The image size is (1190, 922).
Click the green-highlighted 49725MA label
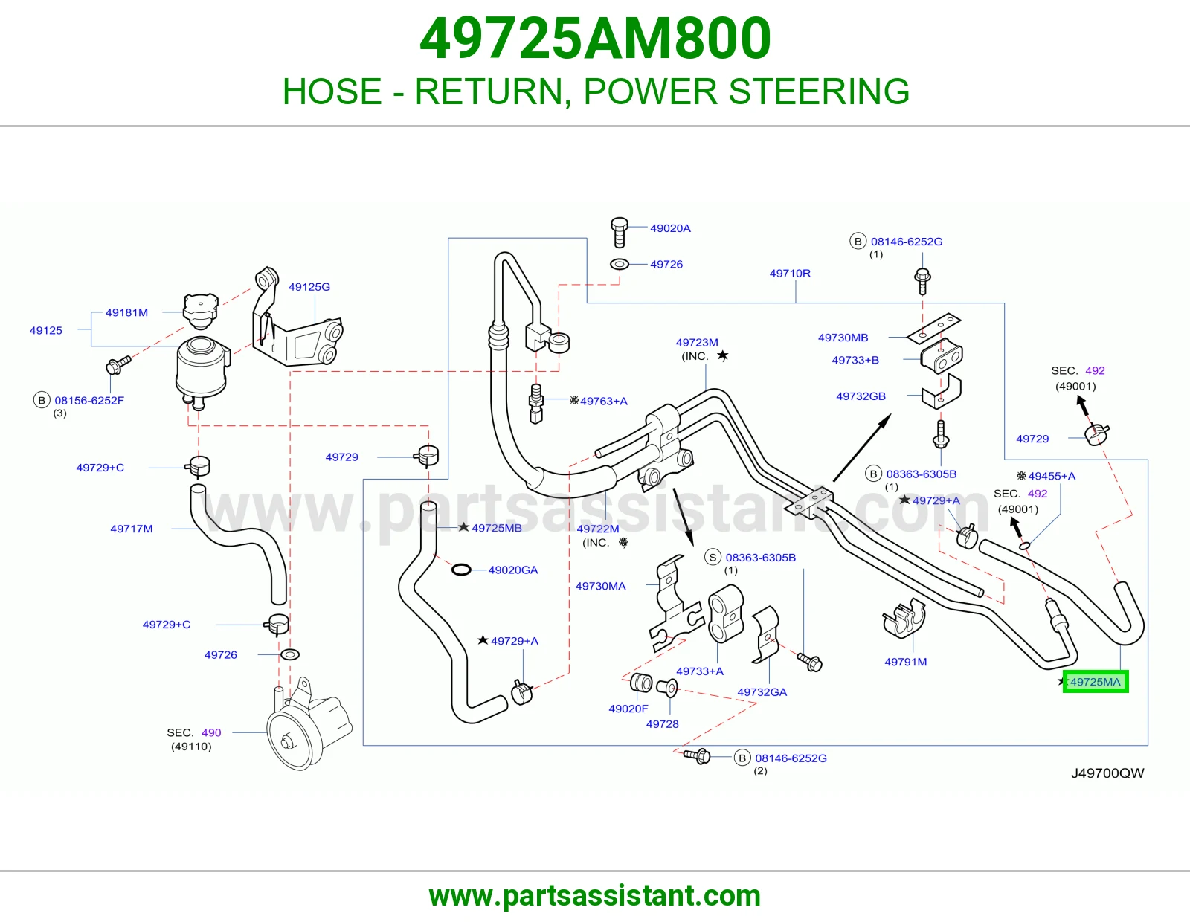tap(1096, 682)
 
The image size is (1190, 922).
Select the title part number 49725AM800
tap(595, 39)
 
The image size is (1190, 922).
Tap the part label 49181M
tap(126, 312)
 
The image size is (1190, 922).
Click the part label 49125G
tap(309, 286)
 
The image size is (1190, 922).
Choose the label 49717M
tap(132, 529)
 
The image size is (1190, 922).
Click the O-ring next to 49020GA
tap(461, 570)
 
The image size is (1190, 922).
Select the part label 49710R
tap(790, 273)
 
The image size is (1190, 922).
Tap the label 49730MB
tap(843, 338)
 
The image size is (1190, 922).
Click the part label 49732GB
tap(861, 396)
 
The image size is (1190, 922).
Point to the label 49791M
tap(906, 662)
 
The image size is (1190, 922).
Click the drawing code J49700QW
tap(1107, 773)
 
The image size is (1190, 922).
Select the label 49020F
tap(628, 709)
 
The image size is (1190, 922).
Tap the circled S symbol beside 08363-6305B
tap(713, 558)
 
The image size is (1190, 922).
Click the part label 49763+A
tap(603, 401)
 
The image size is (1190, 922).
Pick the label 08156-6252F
tap(89, 400)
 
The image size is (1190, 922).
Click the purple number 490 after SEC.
tap(210, 732)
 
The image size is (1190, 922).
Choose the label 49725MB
tap(497, 528)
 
